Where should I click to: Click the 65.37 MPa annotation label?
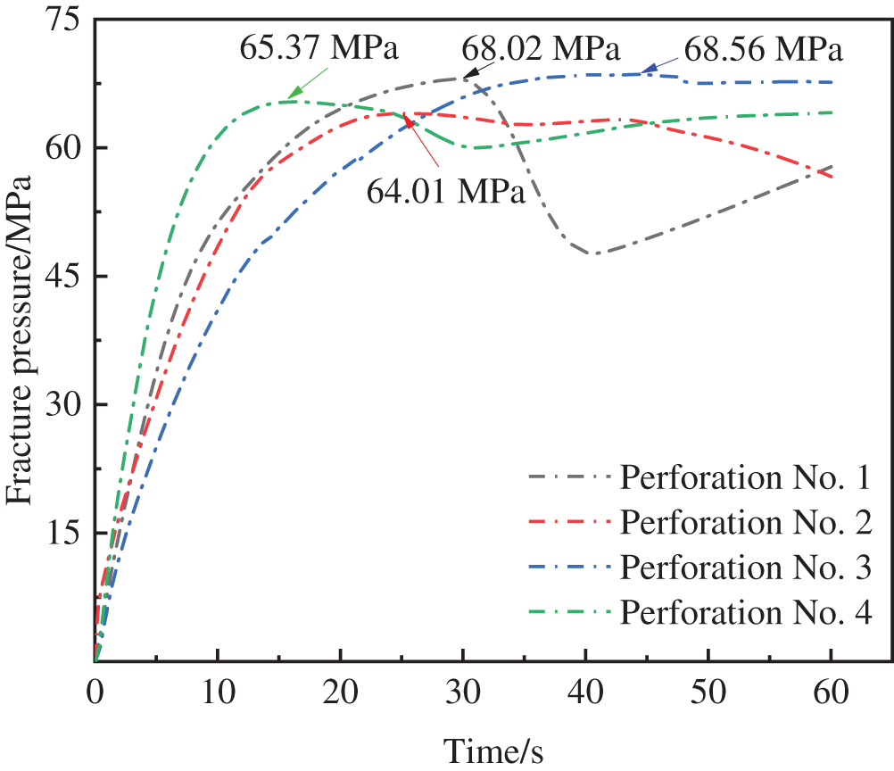(318, 46)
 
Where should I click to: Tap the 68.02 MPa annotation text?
(541, 46)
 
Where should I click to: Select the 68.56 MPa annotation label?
(763, 50)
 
